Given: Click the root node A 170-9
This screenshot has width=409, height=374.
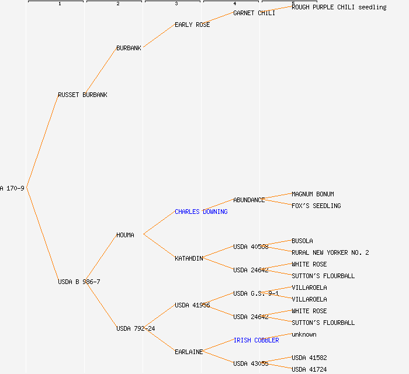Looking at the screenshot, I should pos(12,188).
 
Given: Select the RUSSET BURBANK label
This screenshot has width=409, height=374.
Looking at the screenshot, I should pos(82,95).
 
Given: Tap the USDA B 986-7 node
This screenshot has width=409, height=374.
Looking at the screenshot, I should pos(79,282).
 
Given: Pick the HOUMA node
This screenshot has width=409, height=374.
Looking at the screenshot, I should pos(125,235).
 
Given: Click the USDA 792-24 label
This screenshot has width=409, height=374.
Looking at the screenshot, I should pos(136,328).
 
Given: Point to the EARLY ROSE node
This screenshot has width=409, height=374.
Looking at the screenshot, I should pos(192,25).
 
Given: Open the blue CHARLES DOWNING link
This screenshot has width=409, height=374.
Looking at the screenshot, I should pos(201,212).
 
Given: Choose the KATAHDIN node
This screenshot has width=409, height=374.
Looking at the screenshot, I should pos(189,258).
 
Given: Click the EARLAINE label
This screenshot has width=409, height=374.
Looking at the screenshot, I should pos(189,352).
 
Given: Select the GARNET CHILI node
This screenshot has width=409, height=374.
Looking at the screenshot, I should pos(254,13).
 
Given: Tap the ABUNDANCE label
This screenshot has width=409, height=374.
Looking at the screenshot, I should pos(249,200).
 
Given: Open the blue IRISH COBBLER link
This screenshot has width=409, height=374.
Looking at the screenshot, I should pos(256,340).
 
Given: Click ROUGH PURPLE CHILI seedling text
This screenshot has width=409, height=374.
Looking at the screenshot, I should pos(339,7).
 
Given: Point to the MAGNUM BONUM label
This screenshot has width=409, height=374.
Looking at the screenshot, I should pos(313,194).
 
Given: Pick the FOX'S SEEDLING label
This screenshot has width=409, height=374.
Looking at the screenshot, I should pos(316,206).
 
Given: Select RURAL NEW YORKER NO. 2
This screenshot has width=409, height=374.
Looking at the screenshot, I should pos(330,252).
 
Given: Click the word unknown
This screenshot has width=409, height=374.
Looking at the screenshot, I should pos(304,334).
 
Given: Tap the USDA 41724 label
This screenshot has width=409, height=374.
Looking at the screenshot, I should pos(309,369).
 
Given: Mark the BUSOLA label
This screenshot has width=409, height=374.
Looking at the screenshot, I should pos(302,241).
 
